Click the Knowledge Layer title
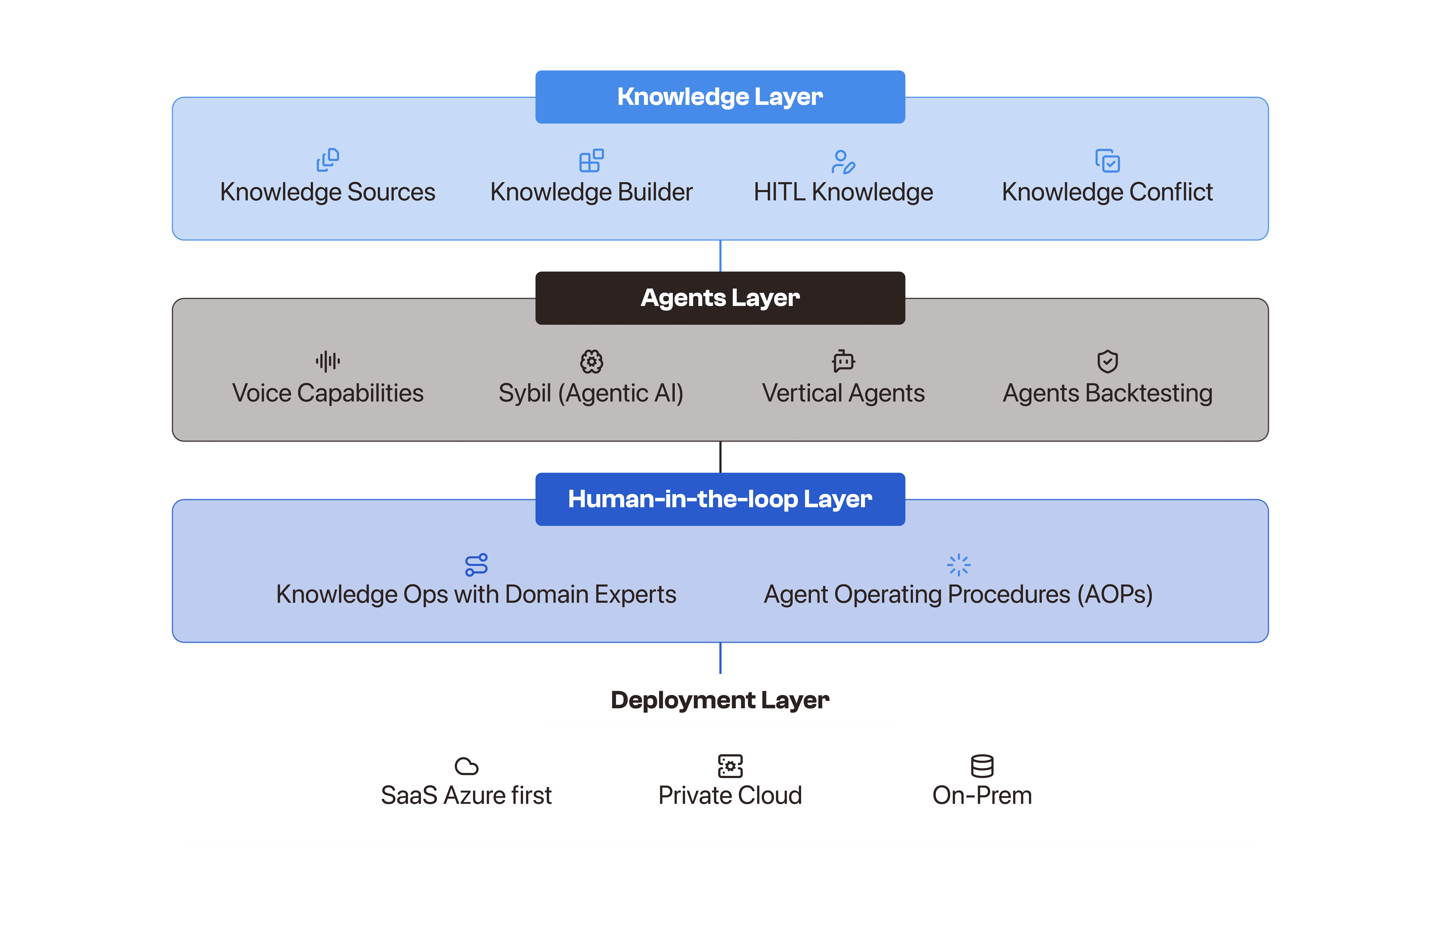pyautogui.click(x=720, y=97)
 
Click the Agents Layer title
pyautogui.click(x=720, y=298)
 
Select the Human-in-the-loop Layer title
pyautogui.click(x=720, y=499)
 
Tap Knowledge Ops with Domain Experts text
pyautogui.click(x=476, y=594)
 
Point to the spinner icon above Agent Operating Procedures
pyautogui.click(x=958, y=565)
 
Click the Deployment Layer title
pyautogui.click(x=720, y=700)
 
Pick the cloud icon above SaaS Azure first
pyautogui.click(x=466, y=766)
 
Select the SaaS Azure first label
pyautogui.click(x=466, y=795)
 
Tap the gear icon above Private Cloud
pyautogui.click(x=730, y=766)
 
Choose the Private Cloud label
pyautogui.click(x=730, y=795)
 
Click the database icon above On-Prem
pyautogui.click(x=982, y=766)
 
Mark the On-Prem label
pyautogui.click(x=982, y=795)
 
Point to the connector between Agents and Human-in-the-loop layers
pyautogui.click(x=720, y=457)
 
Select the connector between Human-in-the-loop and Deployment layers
pyautogui.click(x=720, y=658)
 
